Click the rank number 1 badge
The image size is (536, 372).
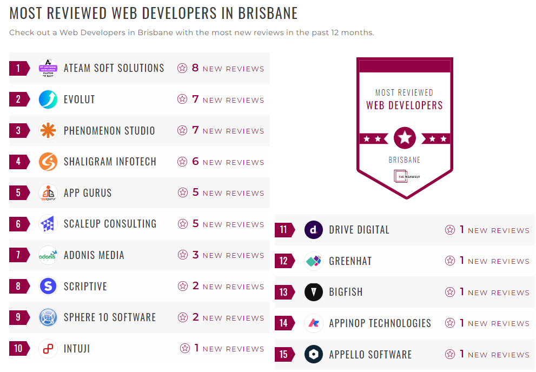[x=18, y=68]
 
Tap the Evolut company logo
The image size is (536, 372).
[x=48, y=99]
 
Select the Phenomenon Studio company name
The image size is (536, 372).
[x=109, y=131]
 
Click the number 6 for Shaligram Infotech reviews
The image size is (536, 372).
[x=196, y=162]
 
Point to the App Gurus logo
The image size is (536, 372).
[x=48, y=193]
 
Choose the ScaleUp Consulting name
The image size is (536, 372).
[x=110, y=224]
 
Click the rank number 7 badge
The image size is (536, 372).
[x=18, y=255]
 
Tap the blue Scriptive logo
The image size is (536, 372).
[x=48, y=286]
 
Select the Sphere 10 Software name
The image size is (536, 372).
[x=110, y=317]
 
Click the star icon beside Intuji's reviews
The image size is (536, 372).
[x=185, y=349]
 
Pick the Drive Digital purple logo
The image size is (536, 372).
[x=314, y=230]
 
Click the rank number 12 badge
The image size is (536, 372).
[x=284, y=261]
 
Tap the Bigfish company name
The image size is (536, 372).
[x=346, y=292]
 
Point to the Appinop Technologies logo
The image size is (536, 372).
[x=314, y=323]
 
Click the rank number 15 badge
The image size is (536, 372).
[x=284, y=355]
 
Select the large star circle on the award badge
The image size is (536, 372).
[x=405, y=138]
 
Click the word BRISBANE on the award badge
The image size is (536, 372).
[x=405, y=160]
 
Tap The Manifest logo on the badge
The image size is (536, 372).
[x=405, y=176]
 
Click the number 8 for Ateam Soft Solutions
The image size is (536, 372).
[x=195, y=68]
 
